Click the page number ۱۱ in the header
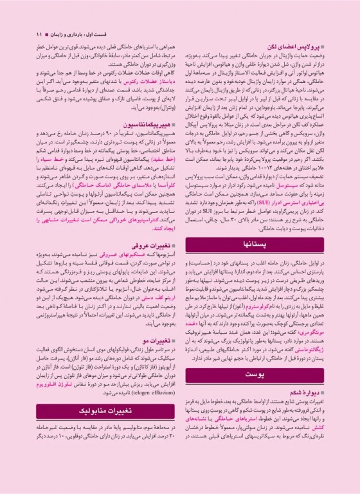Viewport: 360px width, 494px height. (39, 33)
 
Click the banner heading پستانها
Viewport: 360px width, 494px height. (267, 246)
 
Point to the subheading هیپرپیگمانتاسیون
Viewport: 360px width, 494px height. (147, 105)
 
